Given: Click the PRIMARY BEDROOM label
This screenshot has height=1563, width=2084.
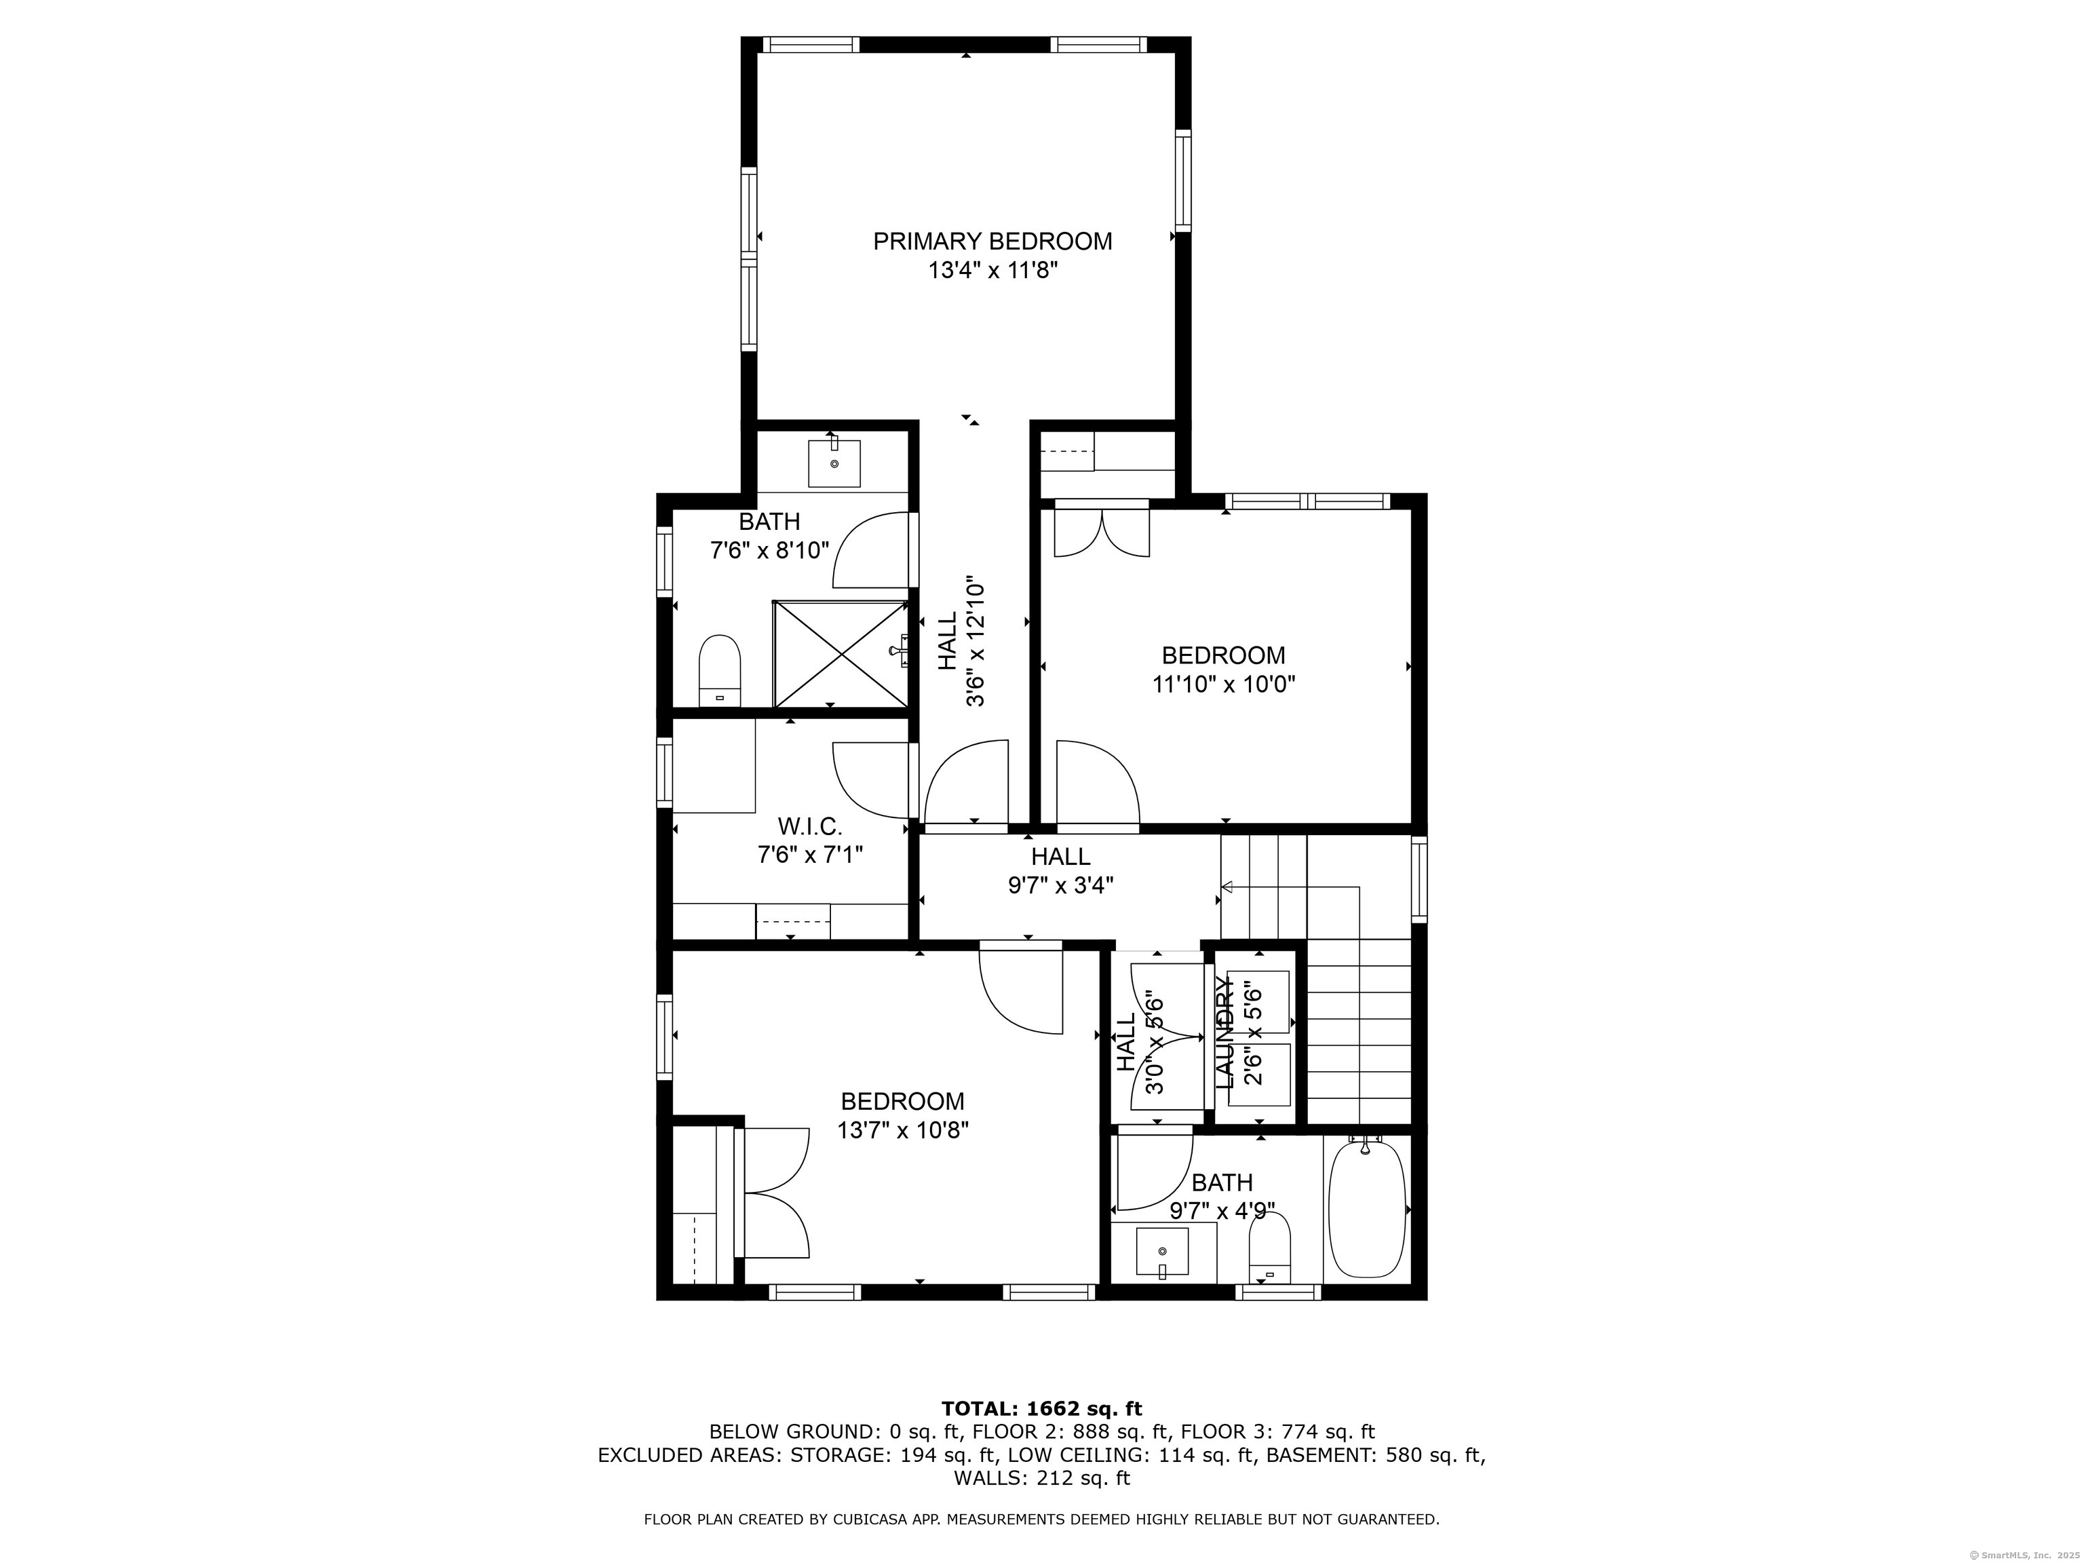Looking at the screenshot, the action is [992, 242].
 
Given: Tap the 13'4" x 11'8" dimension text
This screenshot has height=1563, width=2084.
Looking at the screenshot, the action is [993, 271].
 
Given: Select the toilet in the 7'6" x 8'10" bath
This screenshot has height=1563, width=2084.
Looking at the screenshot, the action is [720, 671].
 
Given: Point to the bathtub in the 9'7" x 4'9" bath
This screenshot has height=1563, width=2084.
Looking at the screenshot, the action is [1366, 1208].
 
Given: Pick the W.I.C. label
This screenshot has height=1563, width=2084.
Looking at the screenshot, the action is [810, 826].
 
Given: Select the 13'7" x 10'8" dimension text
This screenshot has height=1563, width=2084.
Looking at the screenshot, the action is [902, 1130].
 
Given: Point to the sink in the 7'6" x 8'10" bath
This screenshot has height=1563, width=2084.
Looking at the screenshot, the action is [834, 463].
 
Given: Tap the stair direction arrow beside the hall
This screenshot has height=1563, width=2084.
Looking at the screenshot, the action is [1228, 887].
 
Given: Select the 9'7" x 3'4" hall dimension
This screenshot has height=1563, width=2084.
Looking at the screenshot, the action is [1061, 885].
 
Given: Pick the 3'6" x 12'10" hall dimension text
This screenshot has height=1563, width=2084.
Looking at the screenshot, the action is [975, 642].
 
